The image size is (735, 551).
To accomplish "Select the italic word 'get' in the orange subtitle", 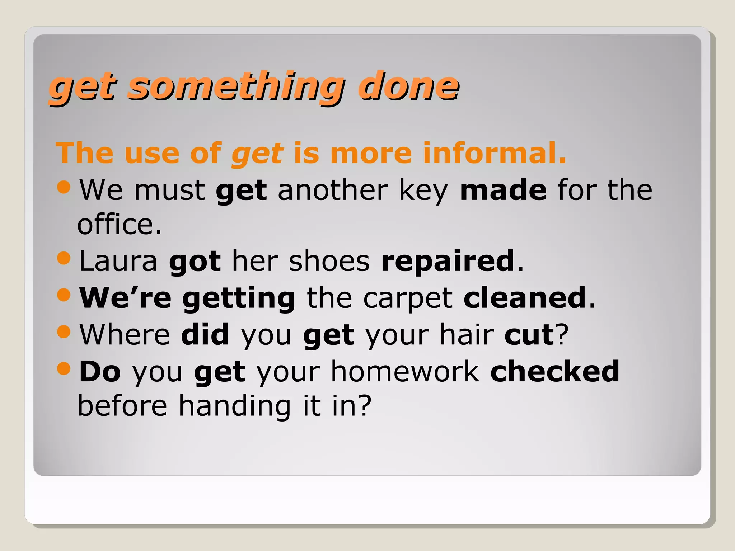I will click(x=258, y=154).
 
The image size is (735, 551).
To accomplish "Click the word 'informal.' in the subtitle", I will click(x=495, y=153).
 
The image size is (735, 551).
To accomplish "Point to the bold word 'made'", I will click(x=503, y=190).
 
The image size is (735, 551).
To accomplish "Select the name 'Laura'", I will click(x=118, y=261).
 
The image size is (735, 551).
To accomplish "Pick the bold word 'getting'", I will click(x=239, y=298).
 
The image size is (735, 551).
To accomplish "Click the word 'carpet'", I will click(x=408, y=298).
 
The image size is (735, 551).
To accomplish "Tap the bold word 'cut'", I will click(x=529, y=335).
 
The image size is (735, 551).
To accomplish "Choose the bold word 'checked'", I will click(x=555, y=372).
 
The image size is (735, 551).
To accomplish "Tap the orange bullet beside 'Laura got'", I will click(x=64, y=258).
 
